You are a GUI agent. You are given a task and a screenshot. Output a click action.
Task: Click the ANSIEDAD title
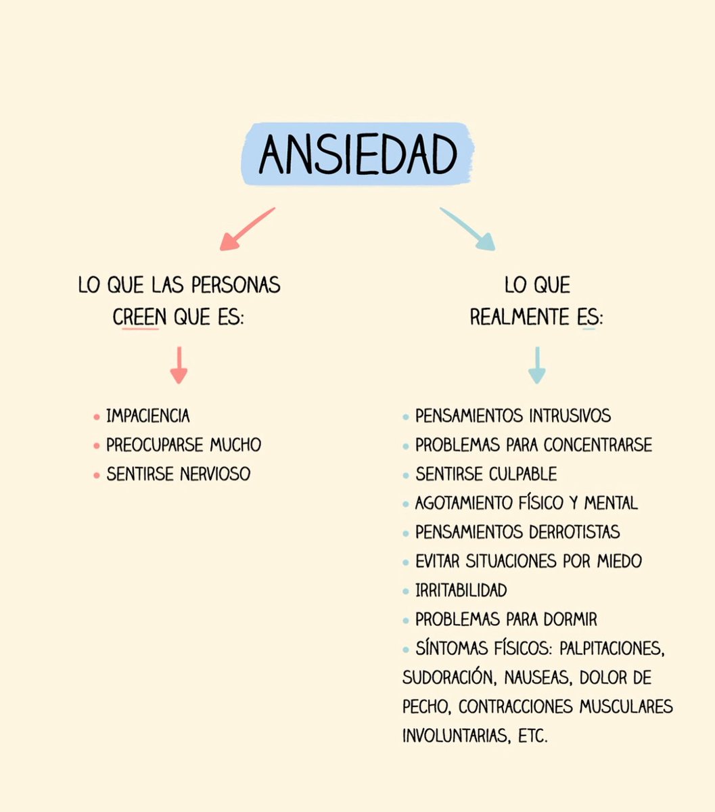click(x=358, y=155)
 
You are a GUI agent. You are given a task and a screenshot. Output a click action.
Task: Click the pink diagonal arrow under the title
click(x=247, y=229)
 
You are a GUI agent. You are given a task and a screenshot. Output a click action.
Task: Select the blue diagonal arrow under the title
click(x=467, y=229)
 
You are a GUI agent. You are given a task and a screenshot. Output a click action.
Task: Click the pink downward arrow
click(x=179, y=365)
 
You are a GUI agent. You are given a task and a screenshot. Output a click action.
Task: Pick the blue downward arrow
click(x=536, y=365)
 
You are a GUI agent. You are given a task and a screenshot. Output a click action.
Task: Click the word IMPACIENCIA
click(x=148, y=415)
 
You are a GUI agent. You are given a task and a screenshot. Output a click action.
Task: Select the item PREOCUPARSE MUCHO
click(x=183, y=445)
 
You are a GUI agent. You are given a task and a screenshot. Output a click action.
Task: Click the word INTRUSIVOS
click(x=570, y=415)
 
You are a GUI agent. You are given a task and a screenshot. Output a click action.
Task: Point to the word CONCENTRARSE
click(x=598, y=445)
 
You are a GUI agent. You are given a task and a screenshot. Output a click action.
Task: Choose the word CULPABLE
click(x=523, y=474)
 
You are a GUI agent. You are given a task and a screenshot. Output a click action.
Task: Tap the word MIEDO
click(x=619, y=561)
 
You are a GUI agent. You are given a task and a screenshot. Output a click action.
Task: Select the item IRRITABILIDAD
click(x=461, y=590)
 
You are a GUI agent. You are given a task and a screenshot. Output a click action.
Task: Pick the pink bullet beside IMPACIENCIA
click(x=97, y=417)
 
